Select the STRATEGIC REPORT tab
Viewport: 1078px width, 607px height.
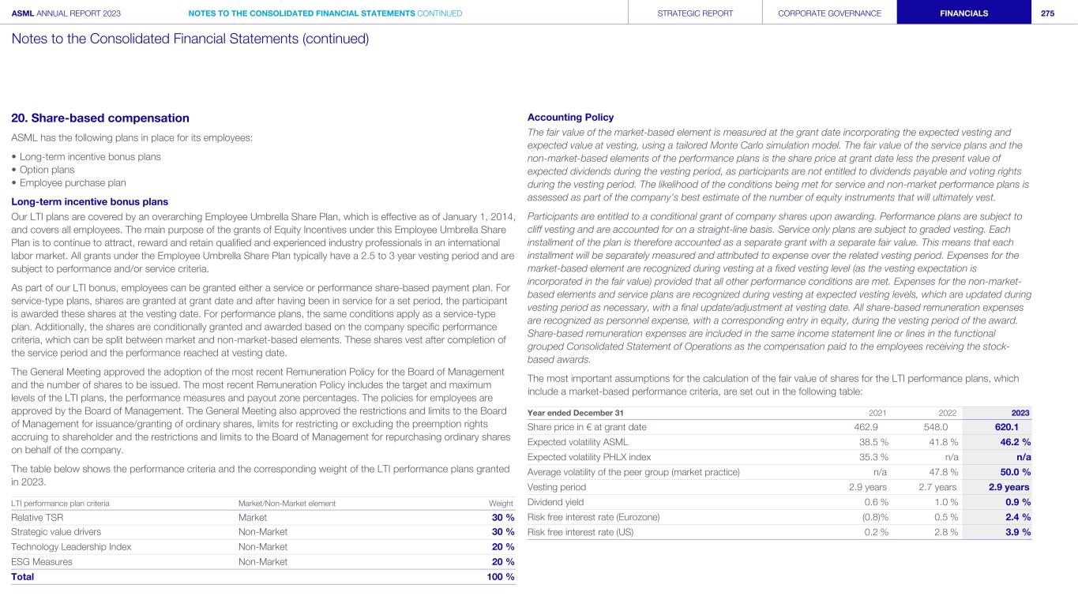[695, 13]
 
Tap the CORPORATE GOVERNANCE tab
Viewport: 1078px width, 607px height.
[829, 13]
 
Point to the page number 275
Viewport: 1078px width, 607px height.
[1048, 13]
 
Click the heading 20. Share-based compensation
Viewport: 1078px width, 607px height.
[100, 118]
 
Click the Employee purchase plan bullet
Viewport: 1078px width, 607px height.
[68, 182]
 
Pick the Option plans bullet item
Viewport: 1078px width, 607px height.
[46, 170]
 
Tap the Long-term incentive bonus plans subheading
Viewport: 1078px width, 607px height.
[89, 201]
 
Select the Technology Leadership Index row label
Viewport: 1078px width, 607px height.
[71, 547]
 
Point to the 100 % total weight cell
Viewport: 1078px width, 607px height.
[499, 576]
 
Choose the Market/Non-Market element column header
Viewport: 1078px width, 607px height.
[287, 503]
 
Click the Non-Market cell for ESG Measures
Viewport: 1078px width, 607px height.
[263, 562]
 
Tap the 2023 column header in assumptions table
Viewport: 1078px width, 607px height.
[1020, 413]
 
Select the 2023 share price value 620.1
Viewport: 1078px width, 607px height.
[996, 427]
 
